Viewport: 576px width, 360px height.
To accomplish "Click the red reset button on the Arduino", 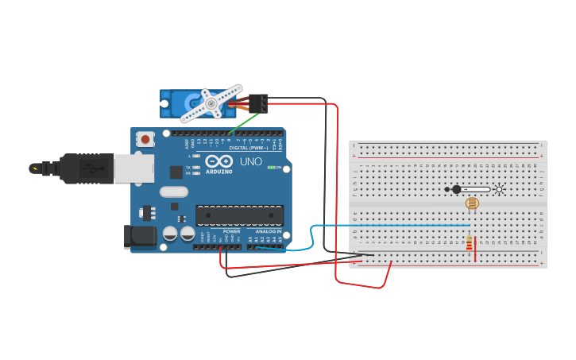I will pyautogui.click(x=145, y=139).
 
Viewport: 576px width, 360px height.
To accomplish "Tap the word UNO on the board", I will pyautogui.click(x=251, y=161).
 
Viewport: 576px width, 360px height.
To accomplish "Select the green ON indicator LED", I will pyautogui.click(x=272, y=168).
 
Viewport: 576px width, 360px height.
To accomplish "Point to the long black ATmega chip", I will pyautogui.click(x=239, y=215).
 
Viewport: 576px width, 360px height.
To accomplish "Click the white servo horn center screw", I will pyautogui.click(x=211, y=103).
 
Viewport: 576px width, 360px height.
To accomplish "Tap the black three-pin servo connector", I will pyautogui.click(x=259, y=103).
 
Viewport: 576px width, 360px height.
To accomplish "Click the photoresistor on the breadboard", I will pyautogui.click(x=472, y=204).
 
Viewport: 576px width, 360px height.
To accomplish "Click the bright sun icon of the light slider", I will pyautogui.click(x=500, y=189).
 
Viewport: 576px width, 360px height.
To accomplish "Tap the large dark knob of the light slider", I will pyautogui.click(x=456, y=189).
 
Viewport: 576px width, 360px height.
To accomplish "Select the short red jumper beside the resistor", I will pyautogui.click(x=475, y=253).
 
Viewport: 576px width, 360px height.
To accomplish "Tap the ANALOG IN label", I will pyautogui.click(x=268, y=231).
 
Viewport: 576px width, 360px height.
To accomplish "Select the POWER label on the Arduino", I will pyautogui.click(x=231, y=231).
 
